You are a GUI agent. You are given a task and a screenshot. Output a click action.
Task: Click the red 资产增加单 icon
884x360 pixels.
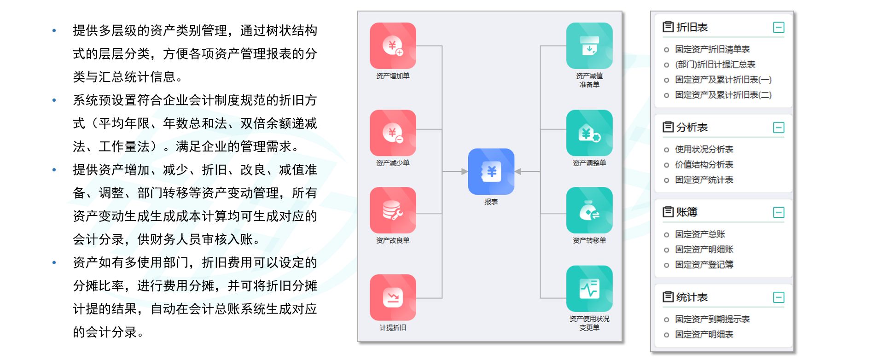click(393, 46)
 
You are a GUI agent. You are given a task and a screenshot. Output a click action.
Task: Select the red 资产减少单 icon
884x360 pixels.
click(393, 133)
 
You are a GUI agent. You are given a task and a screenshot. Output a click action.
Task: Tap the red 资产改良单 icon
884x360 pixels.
click(393, 210)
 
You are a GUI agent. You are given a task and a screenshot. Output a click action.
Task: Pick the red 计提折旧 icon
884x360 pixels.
click(393, 297)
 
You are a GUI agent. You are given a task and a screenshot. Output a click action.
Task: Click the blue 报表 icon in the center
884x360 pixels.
click(491, 171)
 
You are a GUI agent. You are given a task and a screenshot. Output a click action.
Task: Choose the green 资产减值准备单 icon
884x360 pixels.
click(589, 46)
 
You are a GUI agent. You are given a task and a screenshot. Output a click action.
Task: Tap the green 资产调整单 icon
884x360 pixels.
click(589, 133)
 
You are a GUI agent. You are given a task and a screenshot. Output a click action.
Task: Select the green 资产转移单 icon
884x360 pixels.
click(589, 210)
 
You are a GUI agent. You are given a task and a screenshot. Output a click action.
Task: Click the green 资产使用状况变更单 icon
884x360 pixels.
click(589, 289)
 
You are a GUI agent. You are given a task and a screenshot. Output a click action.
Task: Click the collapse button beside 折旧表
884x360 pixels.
click(779, 28)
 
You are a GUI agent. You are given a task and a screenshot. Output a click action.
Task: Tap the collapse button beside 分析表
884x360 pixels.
click(779, 128)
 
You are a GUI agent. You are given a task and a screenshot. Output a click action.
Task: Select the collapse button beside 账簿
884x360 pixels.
click(779, 212)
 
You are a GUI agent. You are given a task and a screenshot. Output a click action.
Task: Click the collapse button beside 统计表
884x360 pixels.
click(779, 297)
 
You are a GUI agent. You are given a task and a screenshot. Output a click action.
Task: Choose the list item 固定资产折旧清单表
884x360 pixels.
click(712, 49)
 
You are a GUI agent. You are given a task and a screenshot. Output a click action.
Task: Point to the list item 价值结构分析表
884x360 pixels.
click(704, 165)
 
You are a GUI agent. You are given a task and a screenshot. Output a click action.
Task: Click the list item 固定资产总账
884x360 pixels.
click(700, 234)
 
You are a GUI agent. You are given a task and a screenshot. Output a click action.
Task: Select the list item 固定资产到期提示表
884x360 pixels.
click(712, 319)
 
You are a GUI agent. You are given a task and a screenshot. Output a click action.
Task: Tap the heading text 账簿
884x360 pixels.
click(687, 212)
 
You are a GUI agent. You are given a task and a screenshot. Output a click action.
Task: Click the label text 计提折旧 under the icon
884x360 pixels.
click(393, 328)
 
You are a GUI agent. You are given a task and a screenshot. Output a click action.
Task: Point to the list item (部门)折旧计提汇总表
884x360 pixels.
click(715, 64)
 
